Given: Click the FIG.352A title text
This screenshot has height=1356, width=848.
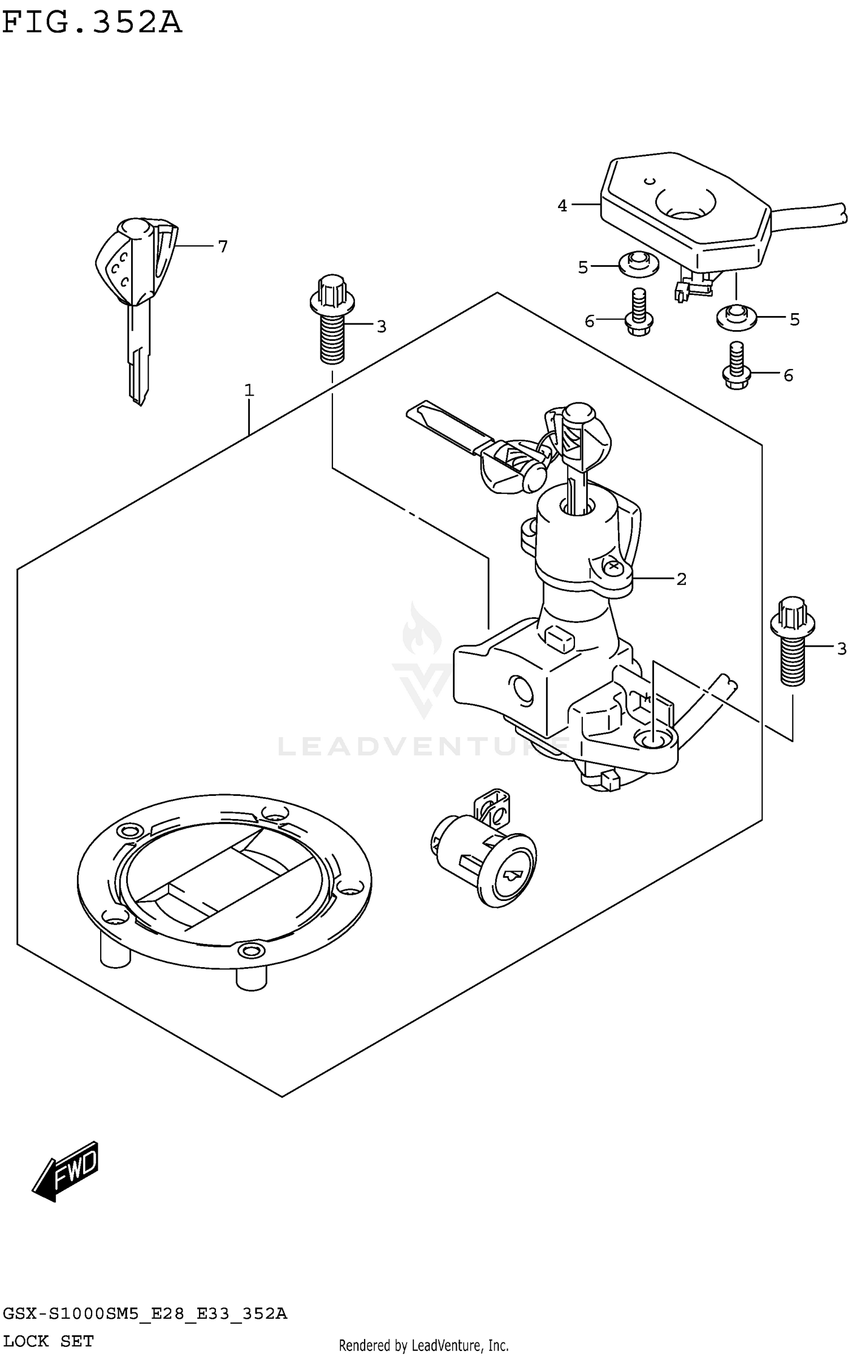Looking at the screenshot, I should [92, 24].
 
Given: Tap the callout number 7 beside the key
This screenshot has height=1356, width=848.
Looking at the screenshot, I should [222, 246].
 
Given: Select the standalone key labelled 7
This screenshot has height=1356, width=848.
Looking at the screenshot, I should [136, 294].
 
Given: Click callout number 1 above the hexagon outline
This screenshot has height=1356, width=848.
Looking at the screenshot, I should [249, 391].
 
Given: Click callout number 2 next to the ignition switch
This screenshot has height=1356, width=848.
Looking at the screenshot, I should [681, 579].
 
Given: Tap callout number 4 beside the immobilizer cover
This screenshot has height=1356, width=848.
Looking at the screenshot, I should [562, 206].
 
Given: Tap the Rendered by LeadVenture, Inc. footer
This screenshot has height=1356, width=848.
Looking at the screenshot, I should [423, 1345].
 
